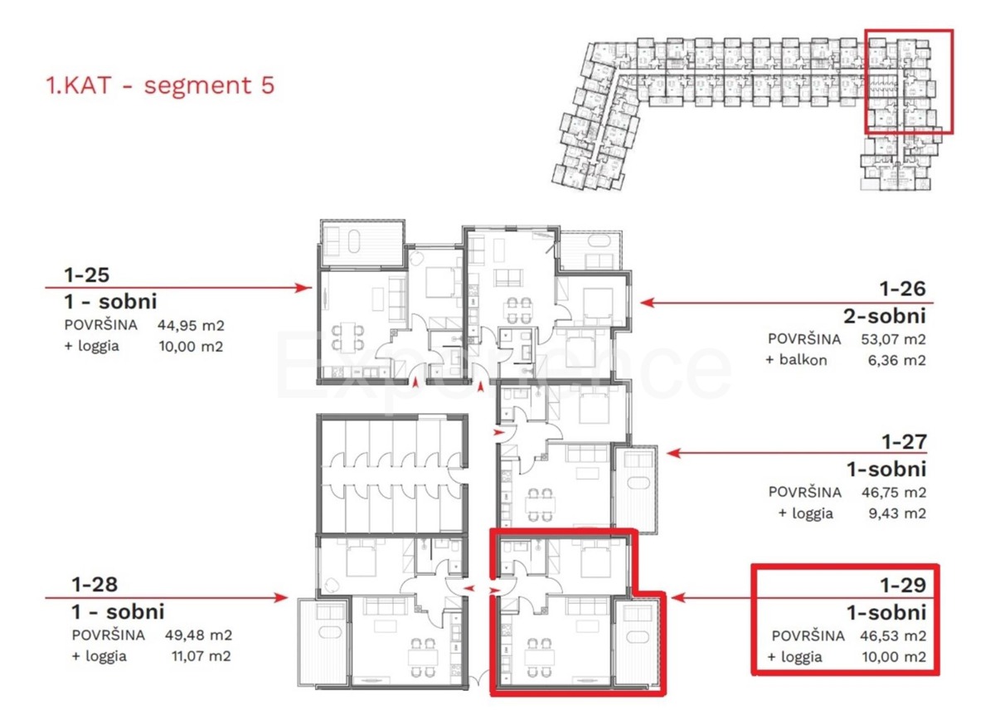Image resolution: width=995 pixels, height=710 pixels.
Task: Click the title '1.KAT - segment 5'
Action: [160, 85]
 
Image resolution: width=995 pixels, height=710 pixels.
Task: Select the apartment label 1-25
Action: [86, 275]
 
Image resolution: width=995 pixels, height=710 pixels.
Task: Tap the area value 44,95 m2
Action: [191, 325]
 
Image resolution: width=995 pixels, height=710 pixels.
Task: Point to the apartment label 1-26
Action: [903, 289]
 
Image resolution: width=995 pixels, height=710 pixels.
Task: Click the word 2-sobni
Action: [885, 316]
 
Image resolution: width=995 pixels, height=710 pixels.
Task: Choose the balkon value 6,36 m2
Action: [897, 360]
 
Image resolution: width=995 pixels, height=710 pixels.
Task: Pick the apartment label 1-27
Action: [904, 441]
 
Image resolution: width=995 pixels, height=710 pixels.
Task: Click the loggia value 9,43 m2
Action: [897, 513]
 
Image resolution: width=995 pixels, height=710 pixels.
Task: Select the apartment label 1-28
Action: [95, 585]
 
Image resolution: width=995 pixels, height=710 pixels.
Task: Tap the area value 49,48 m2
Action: [198, 635]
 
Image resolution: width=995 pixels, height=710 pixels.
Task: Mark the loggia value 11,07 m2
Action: [201, 656]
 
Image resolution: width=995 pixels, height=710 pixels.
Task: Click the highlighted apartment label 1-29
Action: [904, 585]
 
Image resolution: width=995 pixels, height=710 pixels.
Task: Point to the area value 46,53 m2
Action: [893, 636]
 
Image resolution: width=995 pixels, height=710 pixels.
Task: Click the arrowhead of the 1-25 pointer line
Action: [305, 288]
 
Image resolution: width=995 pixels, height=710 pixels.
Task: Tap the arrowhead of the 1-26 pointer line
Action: [648, 303]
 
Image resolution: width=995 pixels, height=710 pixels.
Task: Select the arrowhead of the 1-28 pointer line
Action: [281, 597]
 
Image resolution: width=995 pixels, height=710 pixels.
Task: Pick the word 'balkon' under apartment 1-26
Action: [803, 360]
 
